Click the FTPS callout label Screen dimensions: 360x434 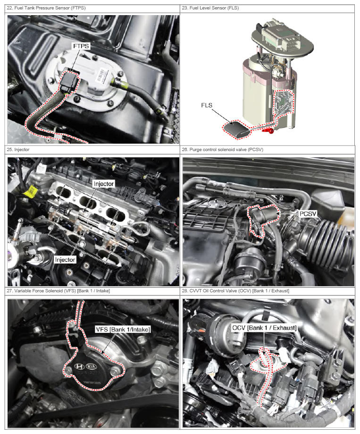click(x=81, y=46)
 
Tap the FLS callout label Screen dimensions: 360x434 click(x=207, y=105)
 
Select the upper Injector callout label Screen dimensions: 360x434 click(x=104, y=184)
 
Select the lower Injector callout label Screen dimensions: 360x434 click(x=65, y=260)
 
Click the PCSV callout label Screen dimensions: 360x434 click(x=308, y=213)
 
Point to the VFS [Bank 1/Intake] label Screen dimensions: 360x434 click(x=123, y=329)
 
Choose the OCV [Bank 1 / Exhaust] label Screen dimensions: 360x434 click(x=264, y=328)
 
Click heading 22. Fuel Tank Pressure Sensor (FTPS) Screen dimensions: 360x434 click(x=46, y=8)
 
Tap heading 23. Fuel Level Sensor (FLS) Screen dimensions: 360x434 click(x=210, y=8)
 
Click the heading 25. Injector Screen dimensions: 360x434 click(x=18, y=150)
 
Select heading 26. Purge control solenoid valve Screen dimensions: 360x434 click(x=223, y=150)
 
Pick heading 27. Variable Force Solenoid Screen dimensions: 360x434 click(x=59, y=291)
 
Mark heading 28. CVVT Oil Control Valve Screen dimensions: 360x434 click(x=235, y=291)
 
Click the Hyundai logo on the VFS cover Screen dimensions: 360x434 click(x=79, y=366)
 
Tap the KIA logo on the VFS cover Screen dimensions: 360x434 click(x=92, y=367)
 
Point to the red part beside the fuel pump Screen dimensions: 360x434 click(x=268, y=130)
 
